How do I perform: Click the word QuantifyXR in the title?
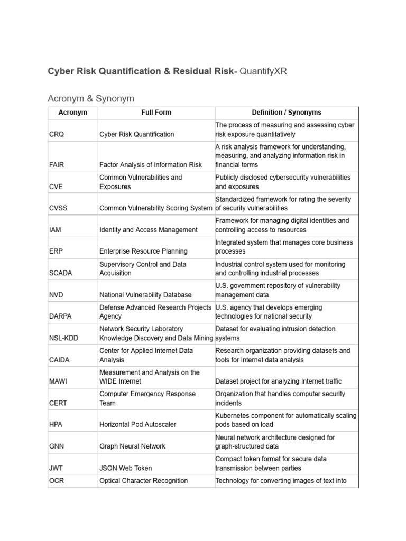(x=263, y=71)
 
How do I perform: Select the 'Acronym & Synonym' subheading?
(x=91, y=99)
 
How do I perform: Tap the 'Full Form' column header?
(x=156, y=113)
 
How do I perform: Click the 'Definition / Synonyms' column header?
(x=287, y=113)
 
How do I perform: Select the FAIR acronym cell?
(x=57, y=165)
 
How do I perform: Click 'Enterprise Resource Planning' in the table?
(x=143, y=251)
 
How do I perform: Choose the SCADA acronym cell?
(x=61, y=273)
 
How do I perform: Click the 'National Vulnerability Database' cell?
(x=145, y=295)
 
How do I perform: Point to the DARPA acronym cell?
(x=61, y=316)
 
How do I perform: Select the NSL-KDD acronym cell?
(x=63, y=338)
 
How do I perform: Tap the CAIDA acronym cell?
(x=59, y=360)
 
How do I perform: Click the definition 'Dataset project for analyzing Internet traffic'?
(x=279, y=381)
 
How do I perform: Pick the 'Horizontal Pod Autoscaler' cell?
(x=138, y=424)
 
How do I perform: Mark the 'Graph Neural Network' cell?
(x=132, y=446)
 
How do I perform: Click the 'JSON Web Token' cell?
(x=125, y=468)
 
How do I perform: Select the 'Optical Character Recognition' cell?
(x=143, y=481)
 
